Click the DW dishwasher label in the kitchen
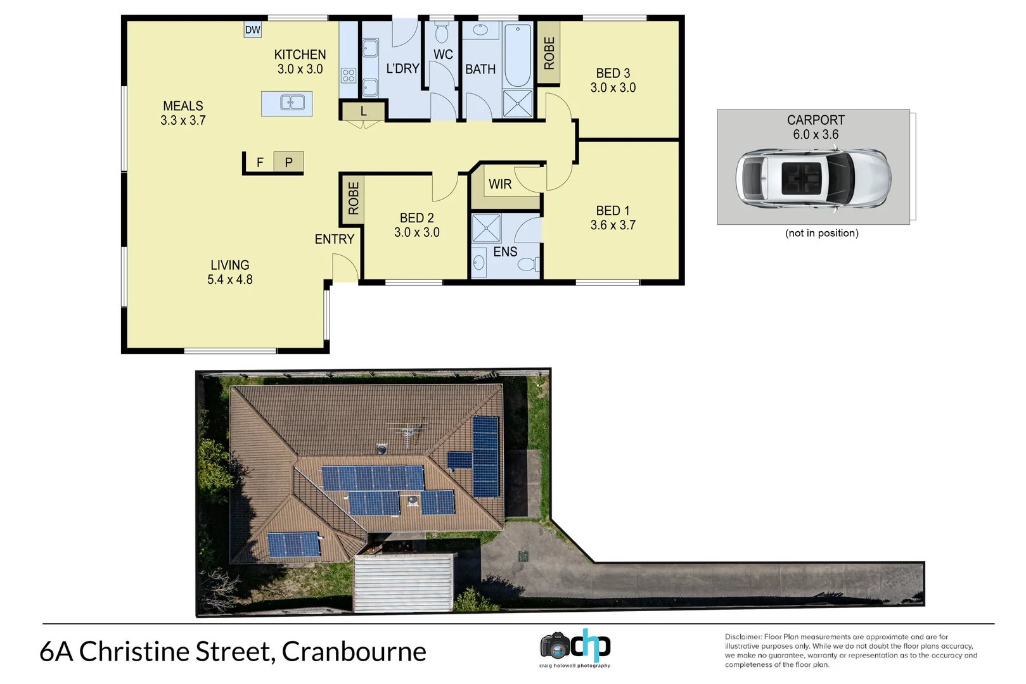click(252, 30)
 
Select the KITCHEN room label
click(300, 55)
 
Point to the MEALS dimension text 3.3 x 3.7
click(183, 120)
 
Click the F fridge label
click(260, 163)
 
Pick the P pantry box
click(288, 162)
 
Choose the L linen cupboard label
click(363, 111)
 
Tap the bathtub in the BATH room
click(518, 55)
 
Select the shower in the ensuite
click(486, 229)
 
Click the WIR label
click(500, 184)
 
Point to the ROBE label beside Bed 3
click(549, 53)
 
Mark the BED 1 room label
click(613, 211)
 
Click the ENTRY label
click(335, 239)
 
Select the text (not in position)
click(821, 233)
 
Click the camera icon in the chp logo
click(556, 647)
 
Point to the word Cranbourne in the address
click(354, 652)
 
